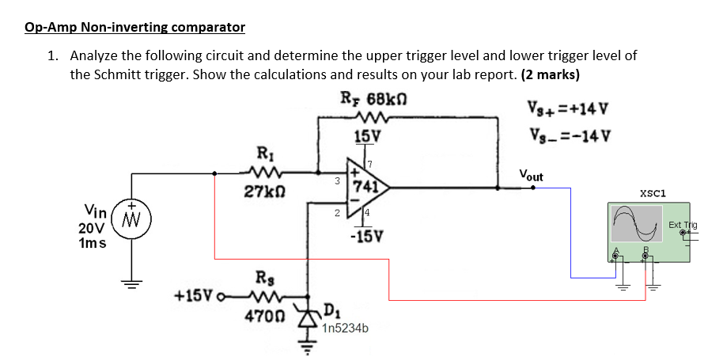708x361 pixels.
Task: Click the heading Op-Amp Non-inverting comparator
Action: click(x=134, y=28)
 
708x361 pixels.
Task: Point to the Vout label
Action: click(x=531, y=175)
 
